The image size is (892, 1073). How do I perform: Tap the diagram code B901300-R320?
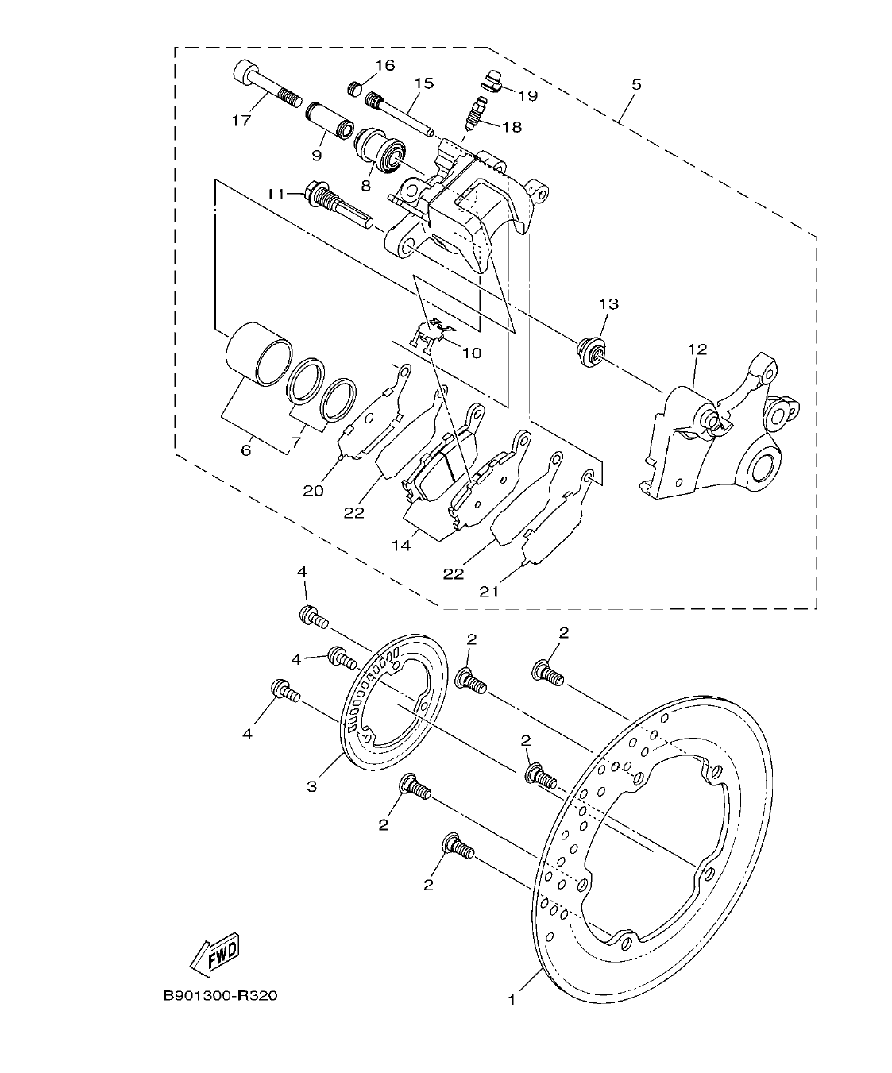click(220, 996)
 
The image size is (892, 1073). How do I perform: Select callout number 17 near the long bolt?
click(241, 121)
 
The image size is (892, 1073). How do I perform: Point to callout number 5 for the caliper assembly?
click(636, 83)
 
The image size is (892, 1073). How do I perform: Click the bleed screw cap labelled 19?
click(493, 80)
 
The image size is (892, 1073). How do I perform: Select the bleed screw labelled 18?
click(475, 111)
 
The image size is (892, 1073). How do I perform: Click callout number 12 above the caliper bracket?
click(697, 349)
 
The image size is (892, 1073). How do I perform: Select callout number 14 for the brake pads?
click(402, 546)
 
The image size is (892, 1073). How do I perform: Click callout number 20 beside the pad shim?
click(313, 491)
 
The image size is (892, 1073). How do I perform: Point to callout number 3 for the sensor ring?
click(311, 786)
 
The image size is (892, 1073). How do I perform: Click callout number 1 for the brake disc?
click(512, 1000)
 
